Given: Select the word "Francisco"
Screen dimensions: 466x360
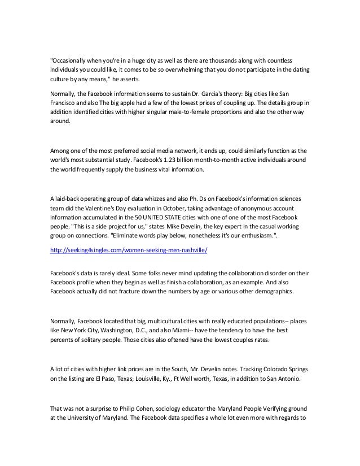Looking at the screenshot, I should (x=66, y=102).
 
